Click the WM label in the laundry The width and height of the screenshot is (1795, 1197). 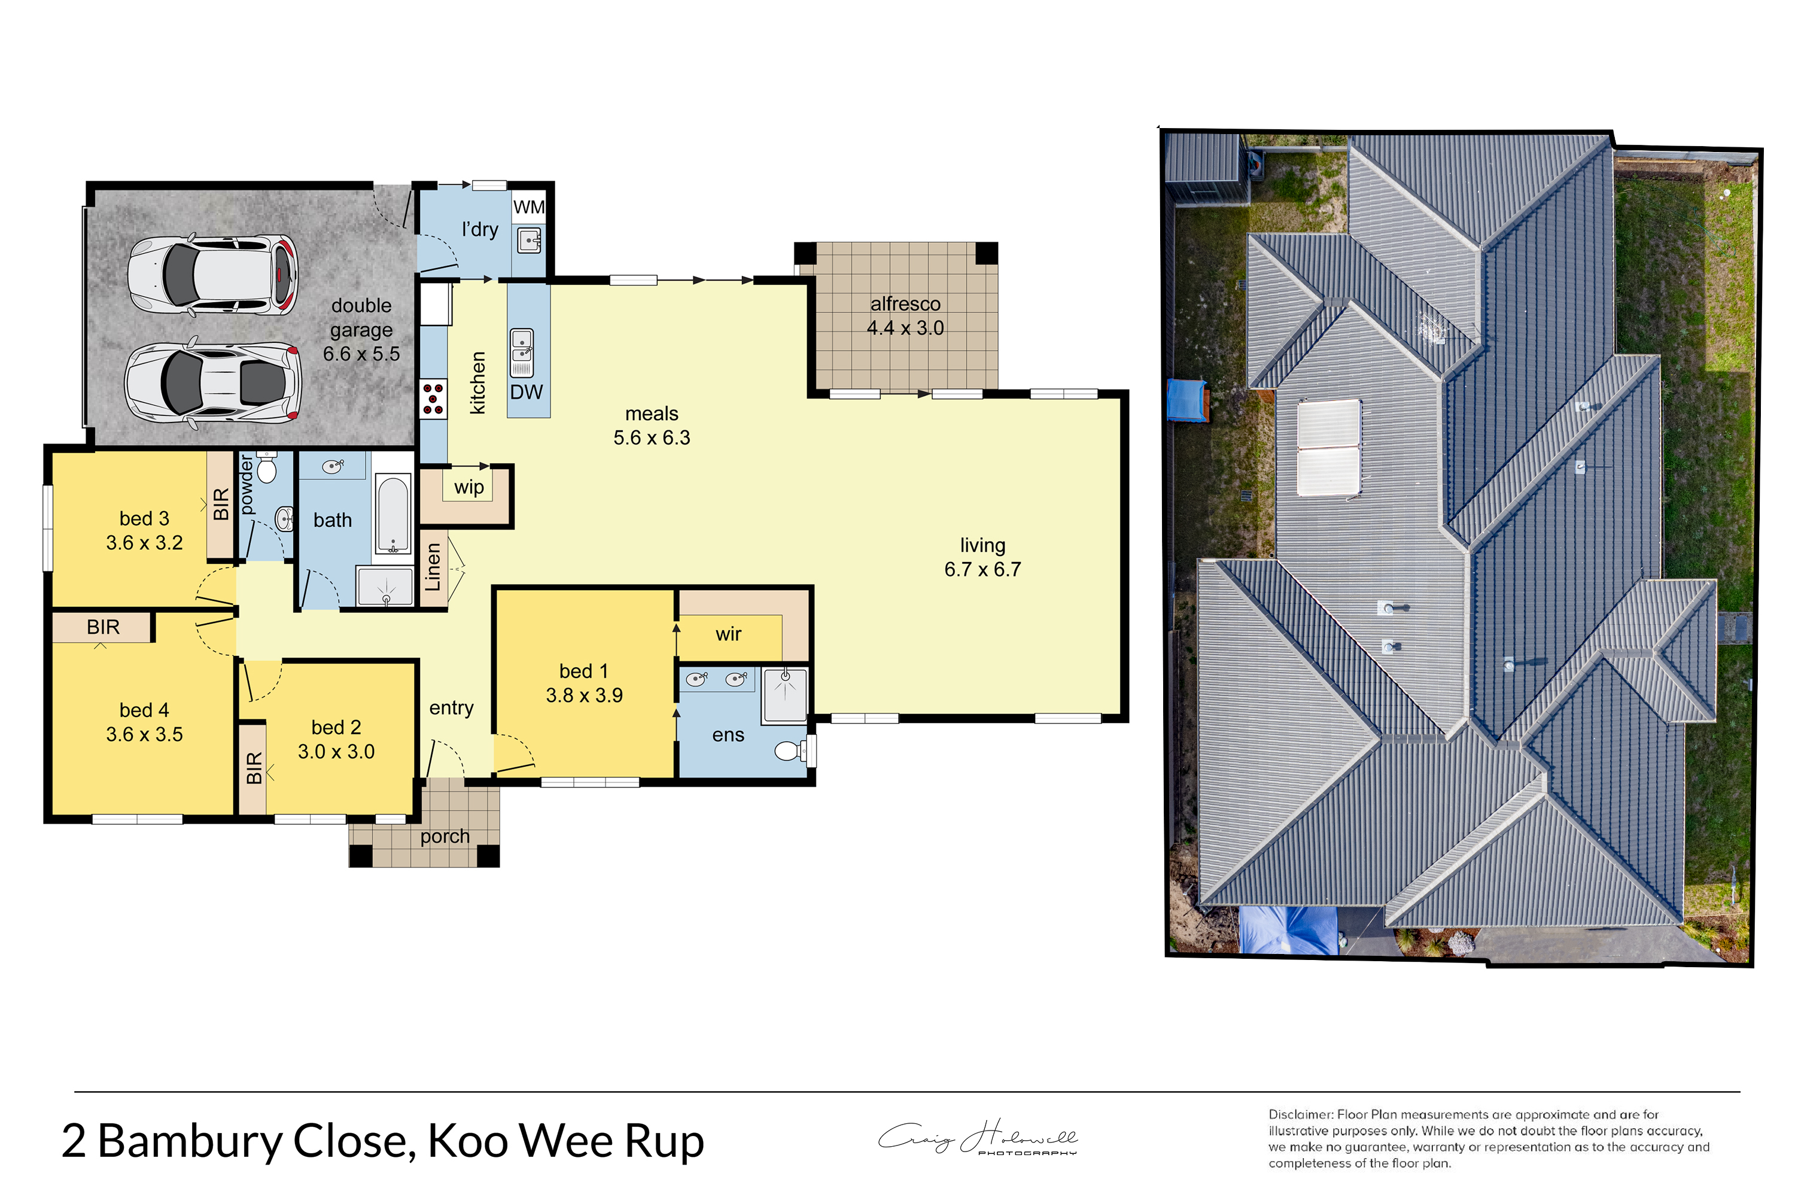pyautogui.click(x=529, y=207)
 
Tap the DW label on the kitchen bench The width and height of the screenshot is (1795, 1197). pyautogui.click(x=527, y=393)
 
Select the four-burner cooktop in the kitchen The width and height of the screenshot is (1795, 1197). pyautogui.click(x=433, y=399)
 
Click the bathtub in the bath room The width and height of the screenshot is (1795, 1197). pyautogui.click(x=393, y=515)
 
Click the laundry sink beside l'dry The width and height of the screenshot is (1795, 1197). pyautogui.click(x=530, y=240)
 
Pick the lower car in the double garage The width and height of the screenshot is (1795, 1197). pyautogui.click(x=213, y=382)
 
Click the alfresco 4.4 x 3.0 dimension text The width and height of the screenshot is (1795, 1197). pyautogui.click(x=905, y=327)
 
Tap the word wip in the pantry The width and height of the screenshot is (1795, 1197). pyautogui.click(x=468, y=488)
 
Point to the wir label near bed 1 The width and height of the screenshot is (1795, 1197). pyautogui.click(x=728, y=634)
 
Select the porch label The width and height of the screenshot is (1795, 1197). pyautogui.click(x=445, y=837)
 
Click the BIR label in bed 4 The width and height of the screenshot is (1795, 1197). pyautogui.click(x=103, y=627)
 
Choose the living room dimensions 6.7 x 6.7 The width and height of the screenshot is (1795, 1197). pyautogui.click(x=982, y=570)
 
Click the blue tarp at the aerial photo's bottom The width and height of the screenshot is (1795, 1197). pyautogui.click(x=1288, y=930)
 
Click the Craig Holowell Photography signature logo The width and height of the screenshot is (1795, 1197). pyautogui.click(x=978, y=1138)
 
